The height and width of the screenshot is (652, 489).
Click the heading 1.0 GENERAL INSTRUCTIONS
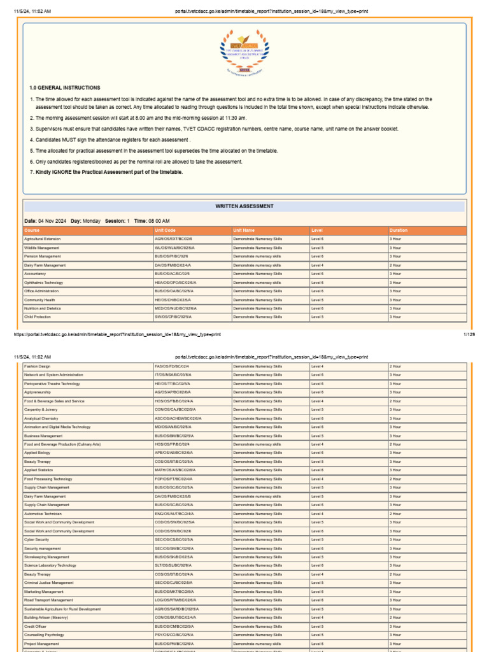pos(64,88)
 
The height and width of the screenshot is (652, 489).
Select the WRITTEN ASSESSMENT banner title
pos(244,206)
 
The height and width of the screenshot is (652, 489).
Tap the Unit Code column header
pos(165,230)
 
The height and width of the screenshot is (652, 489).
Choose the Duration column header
pos(399,230)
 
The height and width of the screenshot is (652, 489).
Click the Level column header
pos(317,230)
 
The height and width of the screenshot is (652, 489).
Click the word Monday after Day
pos(91,220)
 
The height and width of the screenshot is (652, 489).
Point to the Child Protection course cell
pos(38,316)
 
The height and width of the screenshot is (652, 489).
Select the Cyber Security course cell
pos(37,539)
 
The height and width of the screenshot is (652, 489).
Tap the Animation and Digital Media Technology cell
pos(57,427)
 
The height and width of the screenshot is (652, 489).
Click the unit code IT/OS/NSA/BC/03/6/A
pos(173,375)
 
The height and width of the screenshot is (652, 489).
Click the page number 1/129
pos(469,334)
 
